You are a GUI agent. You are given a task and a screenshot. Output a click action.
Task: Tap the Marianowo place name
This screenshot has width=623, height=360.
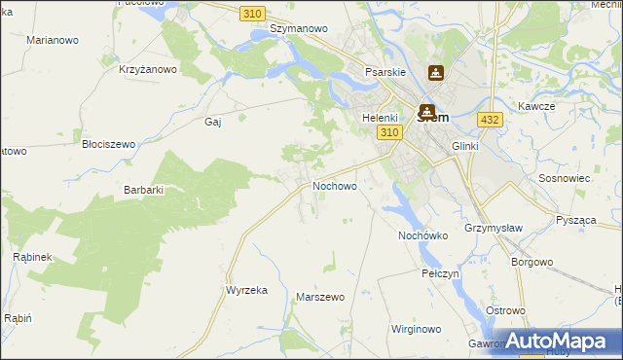tap(53, 41)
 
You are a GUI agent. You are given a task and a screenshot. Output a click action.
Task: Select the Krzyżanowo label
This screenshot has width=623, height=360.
tap(147, 69)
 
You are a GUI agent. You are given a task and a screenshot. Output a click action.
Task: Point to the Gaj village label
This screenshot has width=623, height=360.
tap(213, 122)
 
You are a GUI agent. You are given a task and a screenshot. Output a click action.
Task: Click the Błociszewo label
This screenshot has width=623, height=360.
tap(108, 143)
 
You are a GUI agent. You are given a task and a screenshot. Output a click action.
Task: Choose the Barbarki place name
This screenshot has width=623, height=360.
tap(143, 190)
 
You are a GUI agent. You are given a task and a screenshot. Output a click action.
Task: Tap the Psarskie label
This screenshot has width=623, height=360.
tap(385, 72)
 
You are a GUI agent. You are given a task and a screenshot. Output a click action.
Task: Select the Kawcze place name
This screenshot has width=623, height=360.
tap(536, 106)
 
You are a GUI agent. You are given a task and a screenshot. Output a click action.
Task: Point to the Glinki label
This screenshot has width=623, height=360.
tap(467, 146)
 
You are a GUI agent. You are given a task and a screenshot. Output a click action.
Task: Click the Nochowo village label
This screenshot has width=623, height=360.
tap(334, 185)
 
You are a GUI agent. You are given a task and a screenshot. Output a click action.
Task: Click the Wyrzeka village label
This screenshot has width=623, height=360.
tap(246, 291)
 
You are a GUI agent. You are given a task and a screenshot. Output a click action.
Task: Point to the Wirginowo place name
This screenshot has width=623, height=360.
tap(417, 329)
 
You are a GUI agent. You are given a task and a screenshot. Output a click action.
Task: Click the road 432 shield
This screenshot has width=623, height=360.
tap(490, 119)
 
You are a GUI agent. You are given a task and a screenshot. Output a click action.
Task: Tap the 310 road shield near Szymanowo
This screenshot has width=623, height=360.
tap(252, 12)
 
